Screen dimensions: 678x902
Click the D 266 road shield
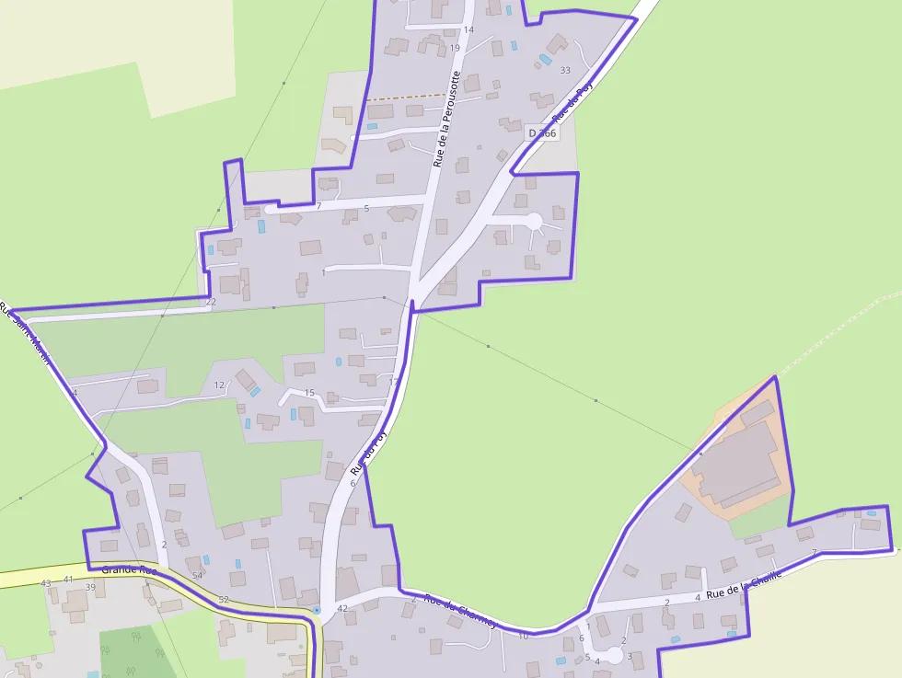coord(543,133)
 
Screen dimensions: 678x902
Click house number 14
coord(468,29)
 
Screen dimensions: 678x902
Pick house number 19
coord(455,48)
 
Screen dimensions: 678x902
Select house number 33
coord(565,70)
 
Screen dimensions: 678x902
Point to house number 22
coord(211,302)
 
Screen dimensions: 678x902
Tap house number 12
coord(219,385)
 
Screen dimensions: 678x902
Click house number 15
coord(309,393)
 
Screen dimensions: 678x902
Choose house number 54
coord(197,575)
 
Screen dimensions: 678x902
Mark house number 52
coord(224,599)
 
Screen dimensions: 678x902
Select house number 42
coord(342,608)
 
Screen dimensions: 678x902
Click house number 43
coord(46,583)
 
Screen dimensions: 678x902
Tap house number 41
coord(68,579)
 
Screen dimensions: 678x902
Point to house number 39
coord(90,587)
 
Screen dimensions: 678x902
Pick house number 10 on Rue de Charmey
coord(523,636)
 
